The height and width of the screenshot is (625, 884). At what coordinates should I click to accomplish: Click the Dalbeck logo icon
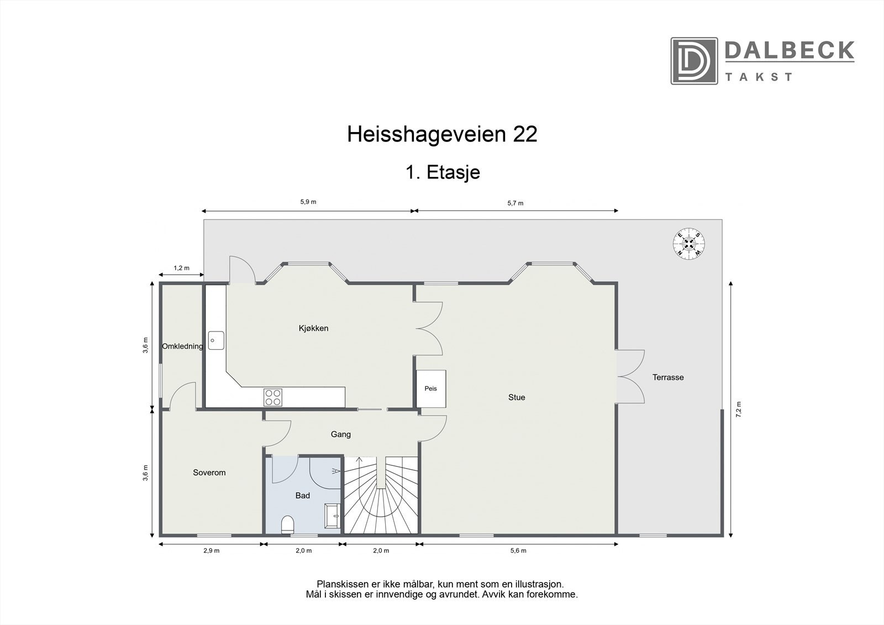click(694, 61)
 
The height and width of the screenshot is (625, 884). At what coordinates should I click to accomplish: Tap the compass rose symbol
click(688, 243)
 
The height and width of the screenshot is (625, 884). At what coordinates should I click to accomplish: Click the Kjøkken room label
click(313, 328)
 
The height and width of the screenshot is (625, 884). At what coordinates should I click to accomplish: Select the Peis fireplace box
click(431, 388)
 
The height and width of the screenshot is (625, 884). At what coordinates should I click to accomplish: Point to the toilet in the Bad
click(288, 524)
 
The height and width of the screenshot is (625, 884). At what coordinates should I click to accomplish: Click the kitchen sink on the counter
click(216, 340)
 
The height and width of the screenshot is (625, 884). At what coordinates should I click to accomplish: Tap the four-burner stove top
click(273, 397)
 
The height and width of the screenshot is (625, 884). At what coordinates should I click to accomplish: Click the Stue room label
click(517, 397)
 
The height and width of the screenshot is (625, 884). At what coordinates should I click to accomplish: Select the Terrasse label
click(668, 377)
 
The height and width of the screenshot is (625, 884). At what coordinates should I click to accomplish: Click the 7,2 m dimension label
click(739, 409)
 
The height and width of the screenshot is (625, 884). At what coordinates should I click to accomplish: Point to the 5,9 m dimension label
click(308, 202)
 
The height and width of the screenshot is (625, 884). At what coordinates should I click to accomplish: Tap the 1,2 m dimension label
click(181, 268)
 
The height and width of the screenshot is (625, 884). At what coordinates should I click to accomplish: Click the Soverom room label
click(209, 472)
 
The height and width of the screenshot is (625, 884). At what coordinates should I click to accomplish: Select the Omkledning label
click(182, 346)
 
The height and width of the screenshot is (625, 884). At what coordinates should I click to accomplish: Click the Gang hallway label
click(341, 434)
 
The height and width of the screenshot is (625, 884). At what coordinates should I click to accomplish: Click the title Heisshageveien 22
click(442, 134)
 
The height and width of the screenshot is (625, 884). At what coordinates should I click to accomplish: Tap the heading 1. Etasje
click(442, 172)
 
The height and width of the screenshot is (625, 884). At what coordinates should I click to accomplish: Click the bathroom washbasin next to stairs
click(331, 516)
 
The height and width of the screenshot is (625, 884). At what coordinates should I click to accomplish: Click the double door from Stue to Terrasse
click(630, 377)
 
